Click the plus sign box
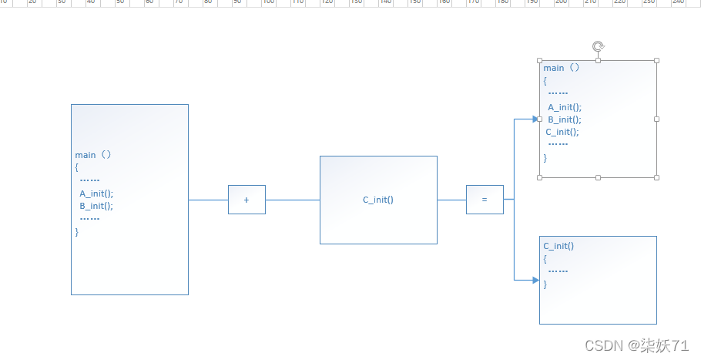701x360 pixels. click(x=247, y=200)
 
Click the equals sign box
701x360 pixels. click(x=485, y=200)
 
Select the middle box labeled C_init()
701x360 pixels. click(x=378, y=200)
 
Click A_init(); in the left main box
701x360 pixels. click(x=96, y=193)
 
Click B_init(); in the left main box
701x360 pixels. click(x=96, y=206)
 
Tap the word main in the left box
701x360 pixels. click(x=86, y=154)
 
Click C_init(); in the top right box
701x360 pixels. click(x=562, y=132)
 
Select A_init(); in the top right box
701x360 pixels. click(x=565, y=107)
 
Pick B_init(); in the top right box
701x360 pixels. click(x=565, y=119)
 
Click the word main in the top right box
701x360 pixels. click(x=554, y=68)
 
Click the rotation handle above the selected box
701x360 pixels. click(x=598, y=46)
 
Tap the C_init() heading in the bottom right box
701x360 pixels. click(x=558, y=246)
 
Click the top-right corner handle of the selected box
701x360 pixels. click(x=657, y=60)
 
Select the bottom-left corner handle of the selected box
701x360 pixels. click(x=539, y=177)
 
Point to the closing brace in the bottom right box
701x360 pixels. click(x=545, y=284)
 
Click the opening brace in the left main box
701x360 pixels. click(x=77, y=167)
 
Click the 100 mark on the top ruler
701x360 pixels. click(x=269, y=2)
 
